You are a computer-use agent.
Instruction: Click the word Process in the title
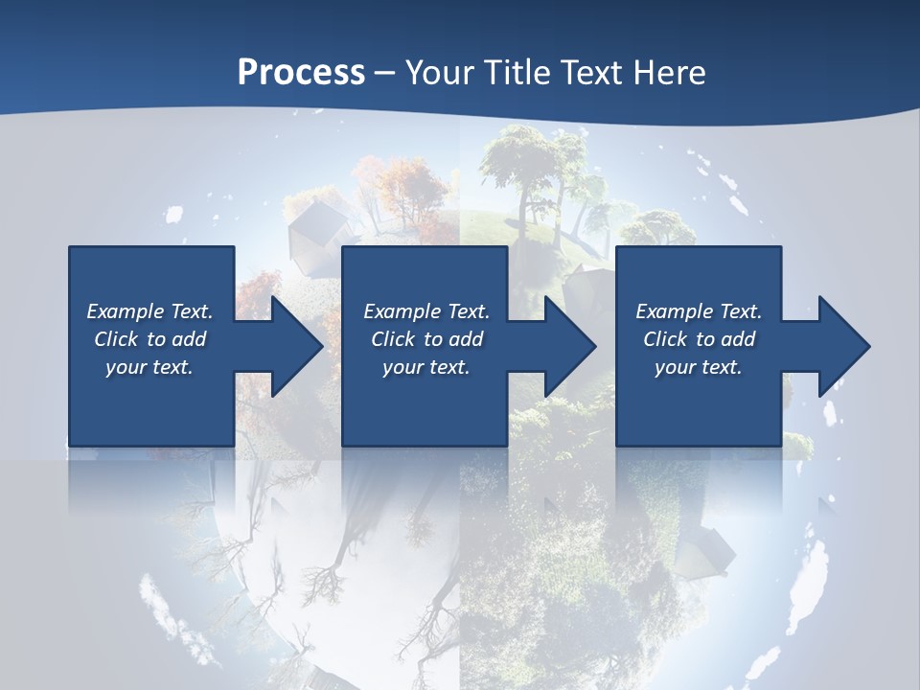(301, 73)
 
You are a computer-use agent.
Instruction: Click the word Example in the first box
(125, 311)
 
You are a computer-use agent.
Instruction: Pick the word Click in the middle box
(392, 339)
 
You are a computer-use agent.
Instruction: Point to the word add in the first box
(189, 339)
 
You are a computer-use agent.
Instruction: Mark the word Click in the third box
(665, 339)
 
